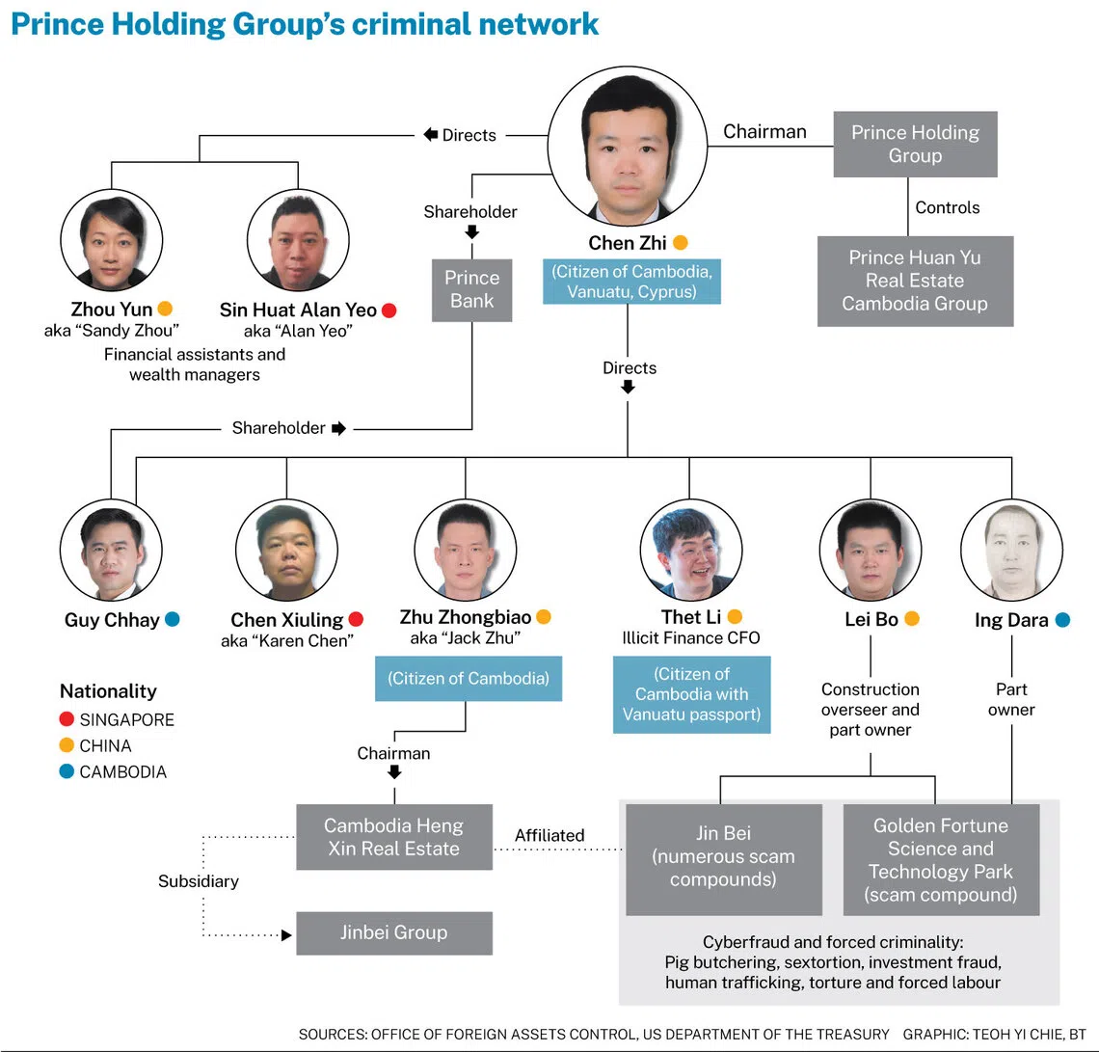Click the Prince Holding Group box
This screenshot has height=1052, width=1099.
pos(915,144)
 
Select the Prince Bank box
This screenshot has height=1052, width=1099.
pos(471,289)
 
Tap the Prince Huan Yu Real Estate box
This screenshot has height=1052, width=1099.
pos(915,281)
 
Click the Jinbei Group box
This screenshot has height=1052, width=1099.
pos(393,932)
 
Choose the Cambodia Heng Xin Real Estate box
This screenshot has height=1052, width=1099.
pos(393,837)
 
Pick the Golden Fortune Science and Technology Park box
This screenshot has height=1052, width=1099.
pos(941,859)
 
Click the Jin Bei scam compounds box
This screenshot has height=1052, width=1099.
pos(723,859)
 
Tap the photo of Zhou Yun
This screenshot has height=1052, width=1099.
pos(112,240)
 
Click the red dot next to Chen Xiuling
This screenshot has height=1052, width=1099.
pos(356,619)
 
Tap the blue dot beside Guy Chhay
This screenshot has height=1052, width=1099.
pos(172,619)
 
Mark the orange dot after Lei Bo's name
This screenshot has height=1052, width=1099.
pos(911,619)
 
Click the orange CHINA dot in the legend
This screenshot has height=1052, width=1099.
pos(67,745)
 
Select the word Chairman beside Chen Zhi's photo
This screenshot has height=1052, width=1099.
pos(764,132)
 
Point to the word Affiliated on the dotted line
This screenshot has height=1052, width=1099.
pos(549,835)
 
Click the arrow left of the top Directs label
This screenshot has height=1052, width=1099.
pos(430,135)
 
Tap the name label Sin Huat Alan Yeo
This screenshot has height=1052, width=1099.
pos(298,310)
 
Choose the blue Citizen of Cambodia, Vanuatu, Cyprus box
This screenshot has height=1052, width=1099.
pos(631,281)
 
